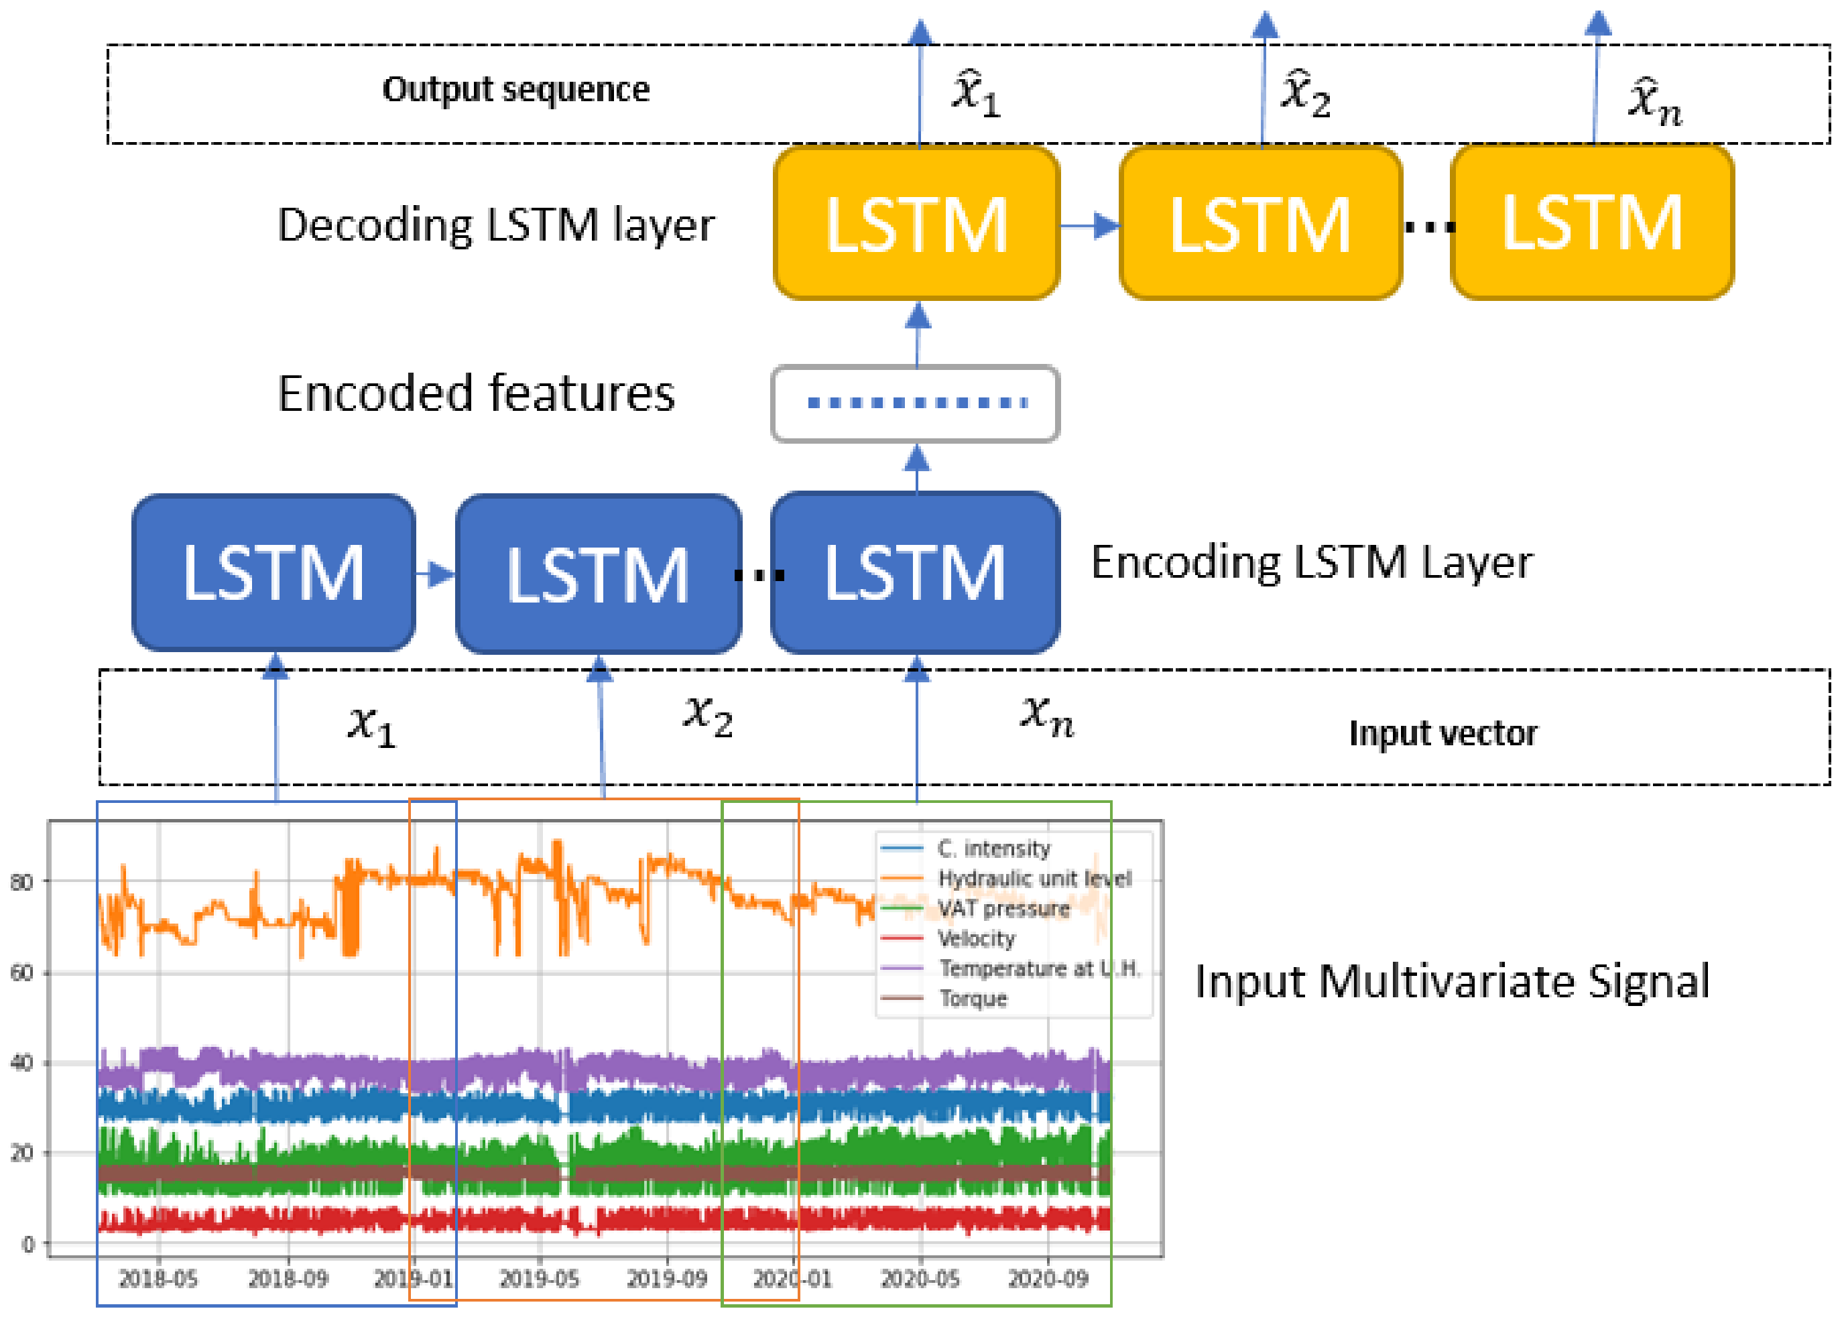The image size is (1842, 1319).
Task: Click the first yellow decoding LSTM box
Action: pyautogui.click(x=916, y=223)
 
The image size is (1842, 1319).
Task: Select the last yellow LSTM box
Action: pyautogui.click(x=1592, y=223)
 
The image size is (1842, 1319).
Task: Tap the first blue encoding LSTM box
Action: pyautogui.click(x=273, y=572)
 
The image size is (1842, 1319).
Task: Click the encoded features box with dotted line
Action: pyautogui.click(x=916, y=403)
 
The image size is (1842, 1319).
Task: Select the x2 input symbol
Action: pyautogui.click(x=709, y=714)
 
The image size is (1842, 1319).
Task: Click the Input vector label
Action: pyautogui.click(x=1442, y=733)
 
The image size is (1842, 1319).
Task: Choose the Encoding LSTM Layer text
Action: pyautogui.click(x=1311, y=562)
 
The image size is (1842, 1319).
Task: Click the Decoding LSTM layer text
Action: pyautogui.click(x=495, y=225)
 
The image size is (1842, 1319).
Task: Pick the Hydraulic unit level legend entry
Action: pyautogui.click(x=1034, y=878)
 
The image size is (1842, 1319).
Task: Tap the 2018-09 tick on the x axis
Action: pyautogui.click(x=288, y=1279)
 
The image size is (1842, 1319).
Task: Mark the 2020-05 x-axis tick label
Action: pyautogui.click(x=920, y=1279)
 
